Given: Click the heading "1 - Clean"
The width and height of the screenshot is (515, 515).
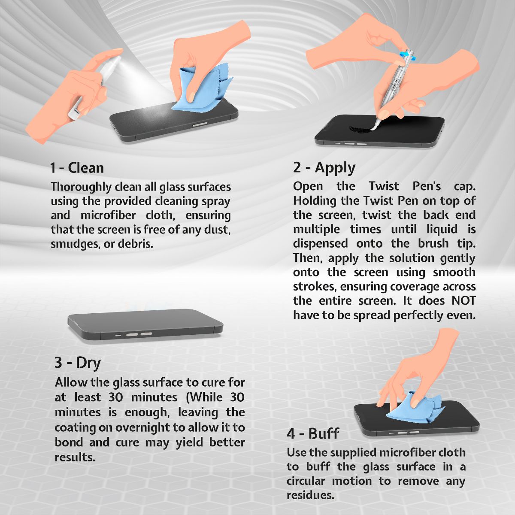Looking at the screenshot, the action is [77, 168].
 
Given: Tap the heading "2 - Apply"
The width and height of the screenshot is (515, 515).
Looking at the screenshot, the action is [324, 168].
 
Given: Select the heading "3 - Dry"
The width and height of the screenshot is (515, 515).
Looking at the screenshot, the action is [78, 363].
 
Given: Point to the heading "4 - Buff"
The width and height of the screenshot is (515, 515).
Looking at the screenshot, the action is [313, 433].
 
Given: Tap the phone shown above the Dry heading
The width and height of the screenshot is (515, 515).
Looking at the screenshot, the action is [145, 325].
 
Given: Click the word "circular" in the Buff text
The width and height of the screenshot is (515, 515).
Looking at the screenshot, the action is [306, 482].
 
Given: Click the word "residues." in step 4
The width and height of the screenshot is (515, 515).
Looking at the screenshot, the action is [310, 496].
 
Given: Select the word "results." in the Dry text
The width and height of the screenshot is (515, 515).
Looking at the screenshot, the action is [75, 457].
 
